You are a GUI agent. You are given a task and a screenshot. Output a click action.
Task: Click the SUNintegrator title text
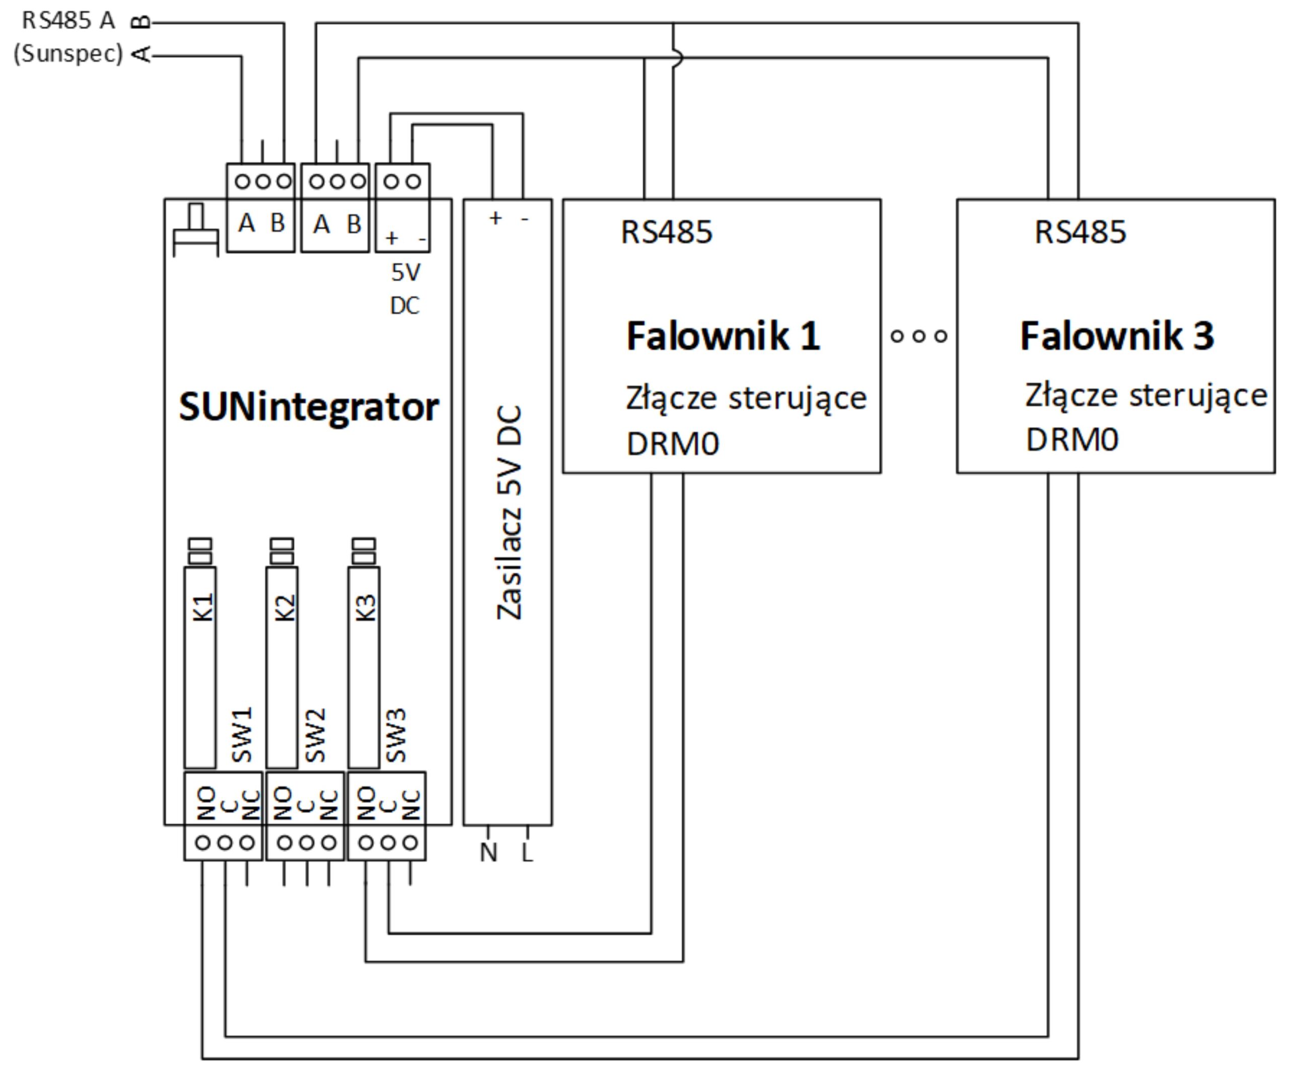point(309,407)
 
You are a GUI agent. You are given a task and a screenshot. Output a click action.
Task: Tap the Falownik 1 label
point(723,336)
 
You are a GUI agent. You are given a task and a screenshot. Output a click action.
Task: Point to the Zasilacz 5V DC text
point(510,512)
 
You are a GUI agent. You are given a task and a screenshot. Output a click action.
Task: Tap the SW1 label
point(243,734)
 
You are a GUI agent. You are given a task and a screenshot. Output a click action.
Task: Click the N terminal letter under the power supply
point(488,852)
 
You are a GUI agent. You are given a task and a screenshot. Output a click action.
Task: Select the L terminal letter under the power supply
point(527,852)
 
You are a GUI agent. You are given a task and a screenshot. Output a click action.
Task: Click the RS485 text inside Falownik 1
point(667,232)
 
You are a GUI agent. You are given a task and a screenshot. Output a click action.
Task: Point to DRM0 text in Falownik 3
point(1071,440)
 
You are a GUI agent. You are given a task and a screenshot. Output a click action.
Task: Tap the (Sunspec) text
point(68,54)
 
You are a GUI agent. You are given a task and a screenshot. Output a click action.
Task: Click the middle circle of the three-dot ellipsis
point(919,336)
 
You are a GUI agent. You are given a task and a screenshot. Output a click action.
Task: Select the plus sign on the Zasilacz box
point(495,218)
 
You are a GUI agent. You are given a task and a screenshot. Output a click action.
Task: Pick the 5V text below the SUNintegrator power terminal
point(406,272)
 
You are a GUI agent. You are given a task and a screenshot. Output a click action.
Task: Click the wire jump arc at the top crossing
point(677,58)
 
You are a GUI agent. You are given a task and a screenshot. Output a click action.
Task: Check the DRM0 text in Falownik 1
point(672,443)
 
